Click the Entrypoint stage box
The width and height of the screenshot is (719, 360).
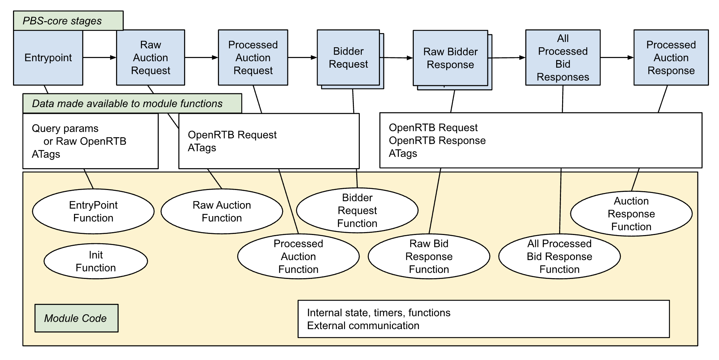48,58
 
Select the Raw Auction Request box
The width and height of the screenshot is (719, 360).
150,58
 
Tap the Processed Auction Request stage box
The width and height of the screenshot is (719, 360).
253,58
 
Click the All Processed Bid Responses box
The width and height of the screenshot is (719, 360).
562,58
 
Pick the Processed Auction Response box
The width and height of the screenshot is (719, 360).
671,58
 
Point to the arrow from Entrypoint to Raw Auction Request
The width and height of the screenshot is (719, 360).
99,58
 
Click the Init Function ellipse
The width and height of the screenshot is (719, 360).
96,261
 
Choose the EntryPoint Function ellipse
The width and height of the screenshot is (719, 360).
93,212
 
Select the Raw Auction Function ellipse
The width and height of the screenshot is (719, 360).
222,212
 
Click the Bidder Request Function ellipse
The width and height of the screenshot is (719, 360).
357,210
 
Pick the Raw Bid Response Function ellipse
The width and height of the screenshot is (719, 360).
429,257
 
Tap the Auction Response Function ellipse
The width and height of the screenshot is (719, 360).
631,214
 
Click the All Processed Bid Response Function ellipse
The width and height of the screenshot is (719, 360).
559,257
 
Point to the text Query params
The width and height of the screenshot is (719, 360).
65,129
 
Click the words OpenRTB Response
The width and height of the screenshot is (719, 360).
437,141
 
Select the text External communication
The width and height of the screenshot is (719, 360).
363,326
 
